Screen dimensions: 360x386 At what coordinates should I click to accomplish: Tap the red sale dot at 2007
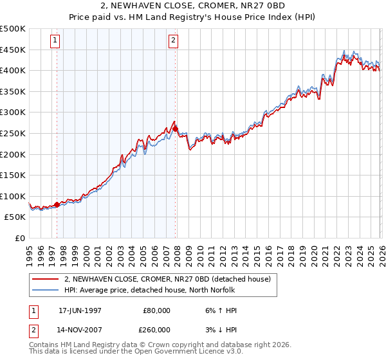pos(176,129)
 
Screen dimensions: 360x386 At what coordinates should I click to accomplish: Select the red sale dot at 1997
pos(57,204)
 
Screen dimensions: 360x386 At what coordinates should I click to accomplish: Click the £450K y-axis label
pos(13,50)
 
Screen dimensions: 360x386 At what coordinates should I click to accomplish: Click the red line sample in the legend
pos(45,279)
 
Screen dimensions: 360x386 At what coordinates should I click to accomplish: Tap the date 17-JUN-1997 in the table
pos(80,310)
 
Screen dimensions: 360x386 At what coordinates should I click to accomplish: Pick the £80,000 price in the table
pos(156,310)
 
